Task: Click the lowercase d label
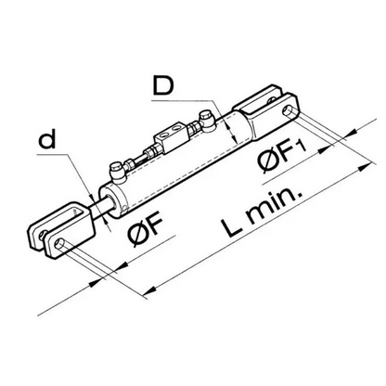pyautogui.click(x=44, y=143)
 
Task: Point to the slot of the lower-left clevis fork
pyautogui.click(x=58, y=231)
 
